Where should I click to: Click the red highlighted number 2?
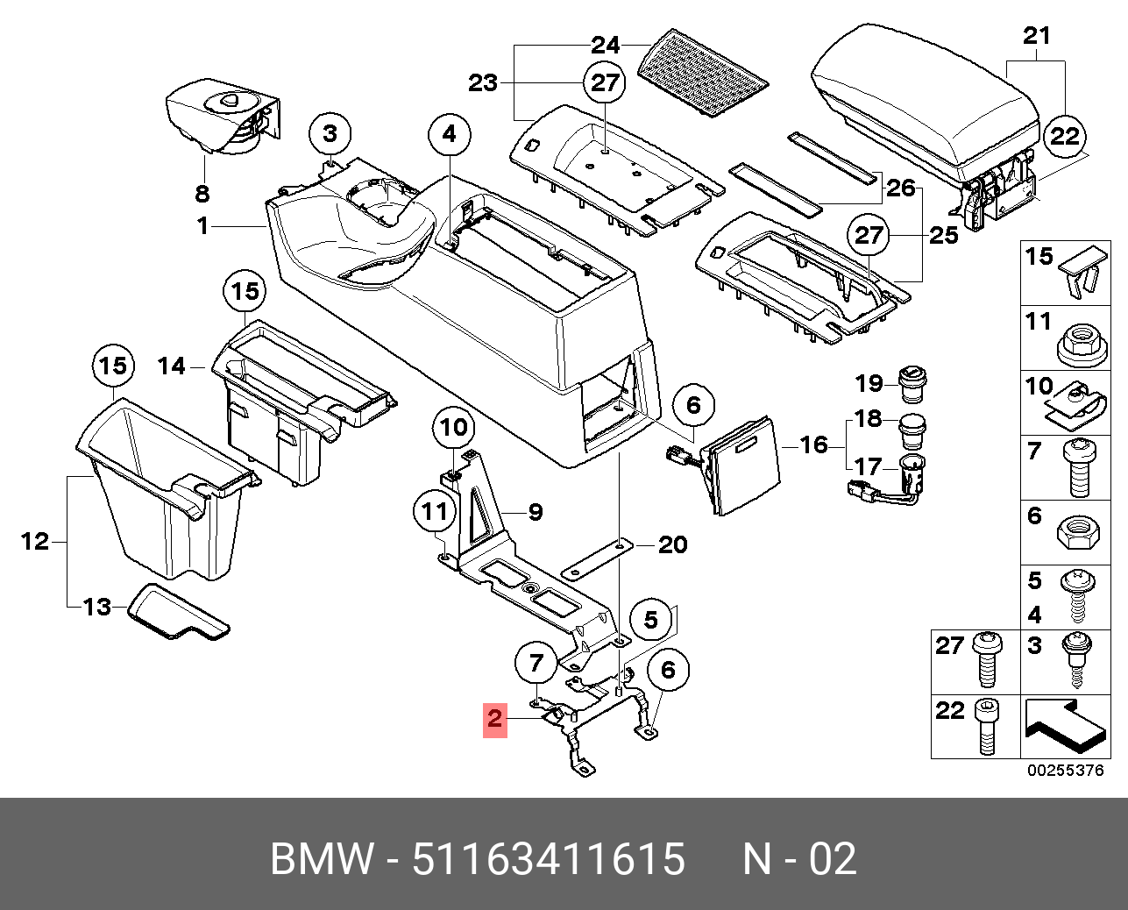pos(495,719)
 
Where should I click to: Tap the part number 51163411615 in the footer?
pos(549,858)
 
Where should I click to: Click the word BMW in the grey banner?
pos(323,858)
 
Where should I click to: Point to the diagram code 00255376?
pos(1065,771)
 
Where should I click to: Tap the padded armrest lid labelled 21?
pos(925,96)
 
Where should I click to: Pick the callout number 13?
pos(98,606)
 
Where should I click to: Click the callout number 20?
pos(672,544)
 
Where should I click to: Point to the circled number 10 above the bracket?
pos(454,428)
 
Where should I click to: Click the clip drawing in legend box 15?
pos(1082,272)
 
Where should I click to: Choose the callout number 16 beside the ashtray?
pos(813,444)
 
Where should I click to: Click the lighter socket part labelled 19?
pos(912,381)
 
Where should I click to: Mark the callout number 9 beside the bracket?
pos(535,512)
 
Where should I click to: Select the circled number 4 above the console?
pos(450,134)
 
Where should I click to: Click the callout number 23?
pos(482,82)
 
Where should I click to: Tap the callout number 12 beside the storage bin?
pos(35,541)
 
